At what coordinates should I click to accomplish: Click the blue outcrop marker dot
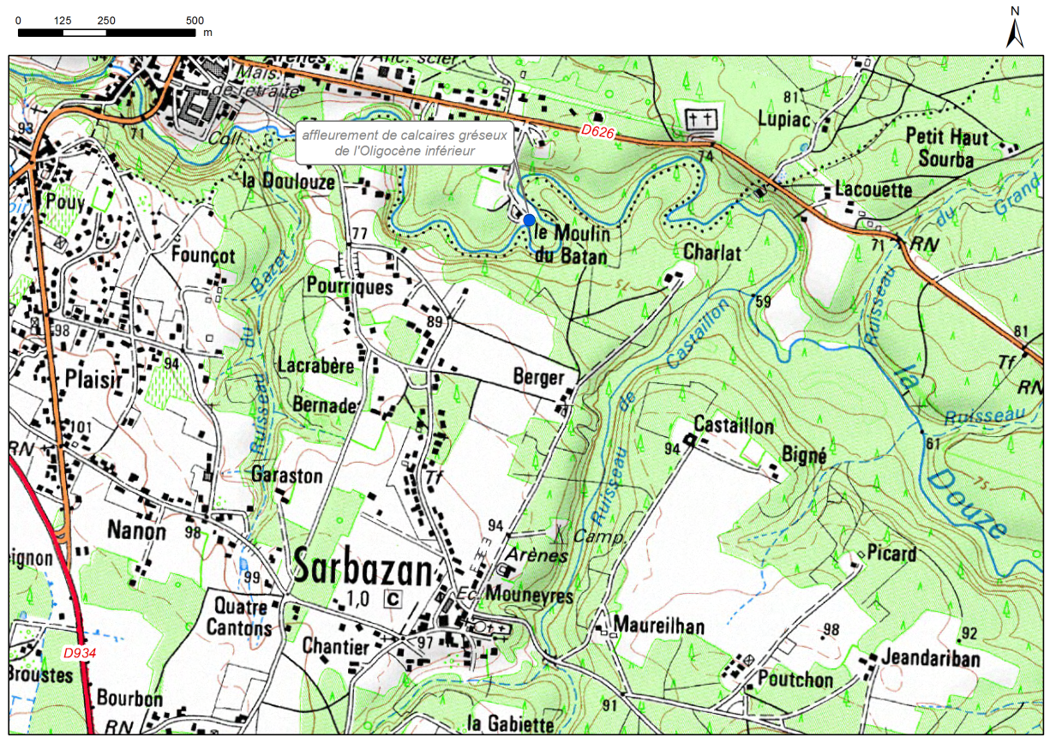529,220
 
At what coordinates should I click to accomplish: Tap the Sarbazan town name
365,566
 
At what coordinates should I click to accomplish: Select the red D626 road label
597,131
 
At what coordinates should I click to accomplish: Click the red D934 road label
80,653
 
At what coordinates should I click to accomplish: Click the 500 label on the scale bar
195,21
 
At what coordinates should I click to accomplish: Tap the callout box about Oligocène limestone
405,143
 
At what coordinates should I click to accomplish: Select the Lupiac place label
783,119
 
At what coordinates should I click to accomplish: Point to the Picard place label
891,554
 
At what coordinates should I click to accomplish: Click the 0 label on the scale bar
19,21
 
